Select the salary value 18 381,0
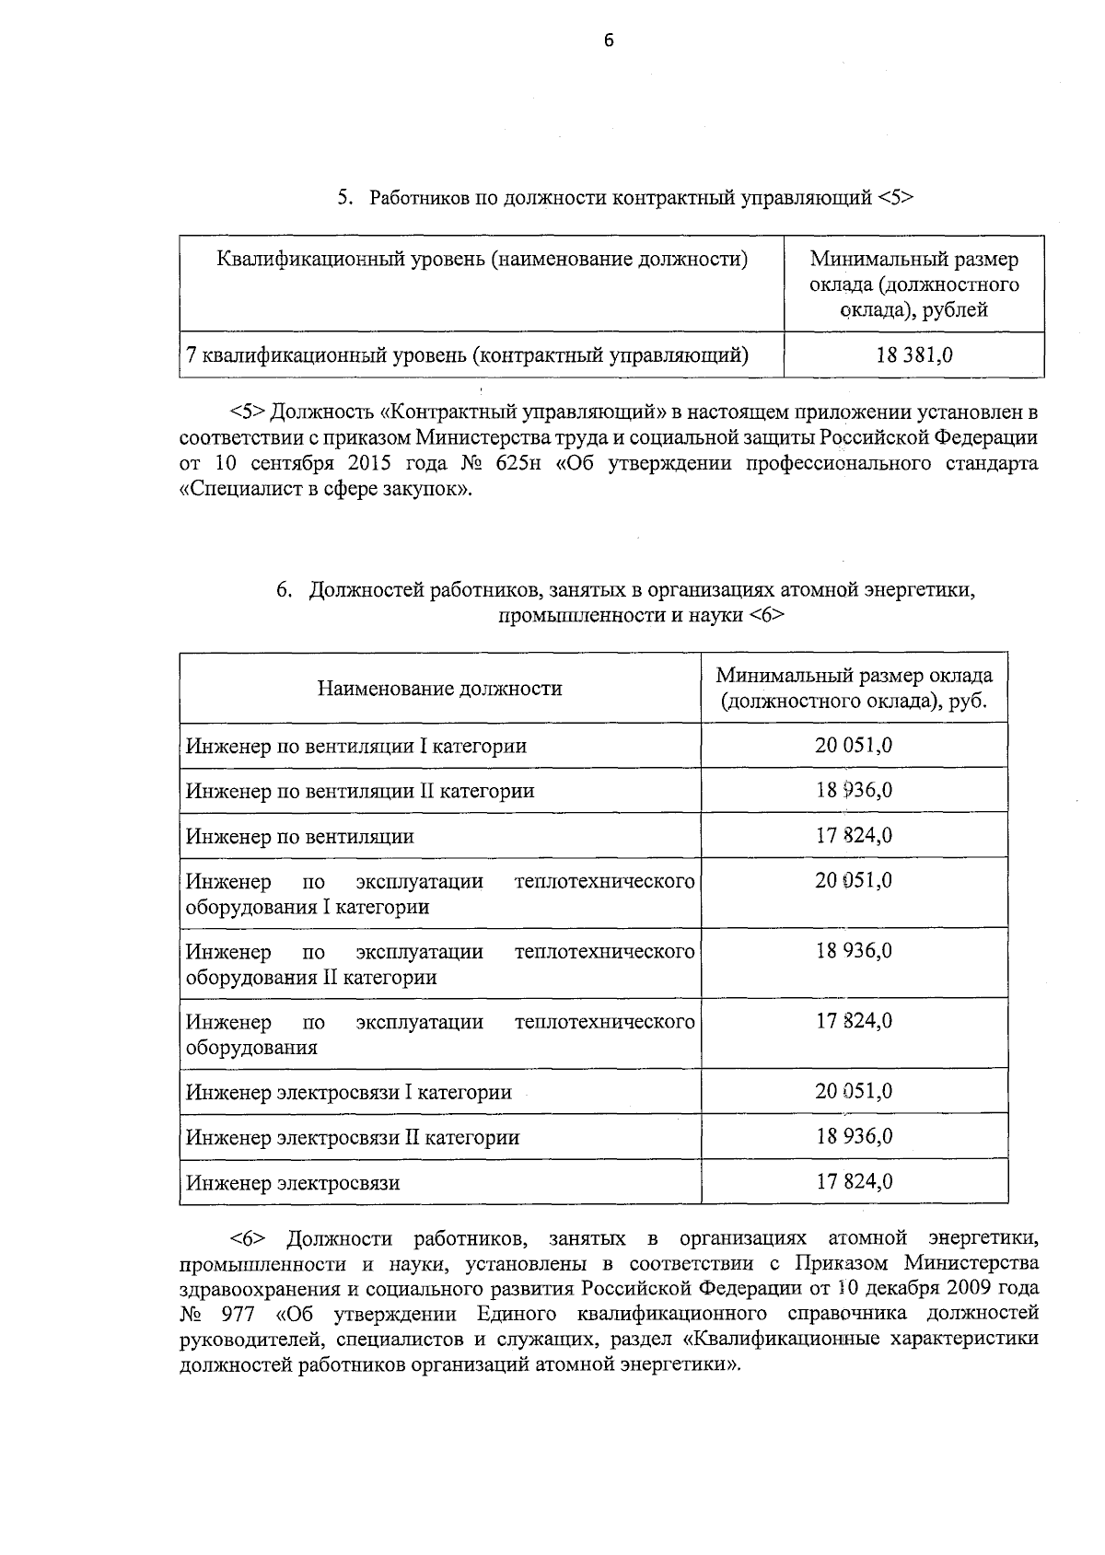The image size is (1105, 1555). (913, 354)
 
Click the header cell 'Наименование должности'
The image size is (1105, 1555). (439, 689)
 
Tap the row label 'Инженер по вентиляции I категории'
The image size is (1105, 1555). (355, 746)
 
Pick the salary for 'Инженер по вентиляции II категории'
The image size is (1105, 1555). (854, 790)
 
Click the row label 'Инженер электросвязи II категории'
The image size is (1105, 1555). (352, 1137)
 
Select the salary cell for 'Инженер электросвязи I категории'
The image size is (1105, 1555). (854, 1091)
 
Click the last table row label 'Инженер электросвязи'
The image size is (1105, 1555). (293, 1183)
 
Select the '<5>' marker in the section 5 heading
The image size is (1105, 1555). (894, 197)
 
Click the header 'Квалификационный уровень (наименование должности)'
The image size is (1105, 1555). (482, 260)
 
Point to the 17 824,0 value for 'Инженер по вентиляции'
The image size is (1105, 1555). (854, 835)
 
